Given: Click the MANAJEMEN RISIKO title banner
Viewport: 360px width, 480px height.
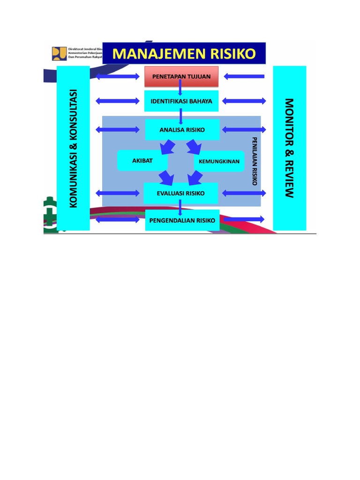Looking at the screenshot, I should point(184,53).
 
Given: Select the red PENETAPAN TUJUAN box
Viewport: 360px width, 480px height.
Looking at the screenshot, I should point(181,76).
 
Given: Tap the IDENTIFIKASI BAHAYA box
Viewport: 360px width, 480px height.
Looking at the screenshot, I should point(181,101).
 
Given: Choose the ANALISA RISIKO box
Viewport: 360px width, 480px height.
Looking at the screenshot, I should point(182,130).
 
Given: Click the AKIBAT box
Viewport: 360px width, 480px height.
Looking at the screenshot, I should point(142,161).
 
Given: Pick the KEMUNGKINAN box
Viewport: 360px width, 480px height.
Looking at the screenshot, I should point(219,161).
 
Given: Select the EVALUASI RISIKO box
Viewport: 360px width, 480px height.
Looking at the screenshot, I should point(181,193).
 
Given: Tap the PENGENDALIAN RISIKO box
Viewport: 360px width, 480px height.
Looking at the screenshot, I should point(182,220).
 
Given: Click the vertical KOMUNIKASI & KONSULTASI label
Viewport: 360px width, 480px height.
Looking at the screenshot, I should point(73,148).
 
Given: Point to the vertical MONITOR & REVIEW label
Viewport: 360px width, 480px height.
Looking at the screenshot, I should point(289,148).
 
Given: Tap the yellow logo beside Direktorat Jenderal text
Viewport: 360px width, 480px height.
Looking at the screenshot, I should point(60,52).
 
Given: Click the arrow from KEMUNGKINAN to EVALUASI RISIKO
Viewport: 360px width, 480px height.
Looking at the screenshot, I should point(195,178).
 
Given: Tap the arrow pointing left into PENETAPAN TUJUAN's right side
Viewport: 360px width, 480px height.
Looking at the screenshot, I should point(244,76).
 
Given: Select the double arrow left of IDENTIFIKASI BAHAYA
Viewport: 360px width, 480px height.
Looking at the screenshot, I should point(117,101).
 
